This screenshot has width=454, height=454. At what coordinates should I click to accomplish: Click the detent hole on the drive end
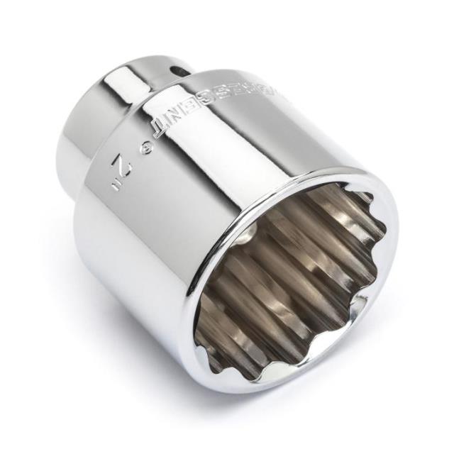[x=183, y=70]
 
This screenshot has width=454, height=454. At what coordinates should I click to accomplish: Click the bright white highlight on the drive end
[x=135, y=78]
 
